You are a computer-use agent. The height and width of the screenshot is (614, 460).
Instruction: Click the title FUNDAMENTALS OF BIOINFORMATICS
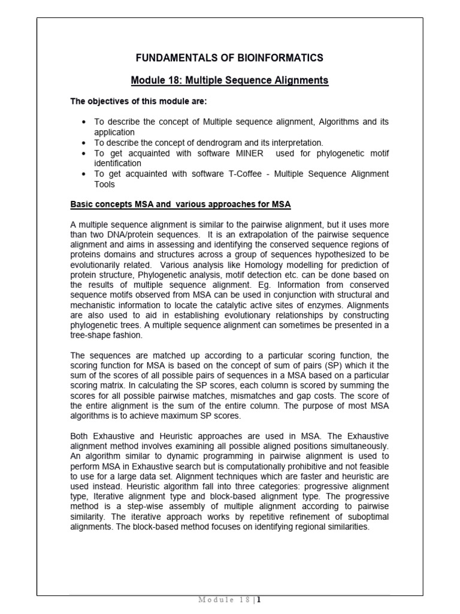229,58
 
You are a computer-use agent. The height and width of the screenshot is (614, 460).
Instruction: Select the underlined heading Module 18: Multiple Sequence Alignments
229,80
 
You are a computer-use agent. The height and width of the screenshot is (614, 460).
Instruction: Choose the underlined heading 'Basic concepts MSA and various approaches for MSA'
180,204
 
